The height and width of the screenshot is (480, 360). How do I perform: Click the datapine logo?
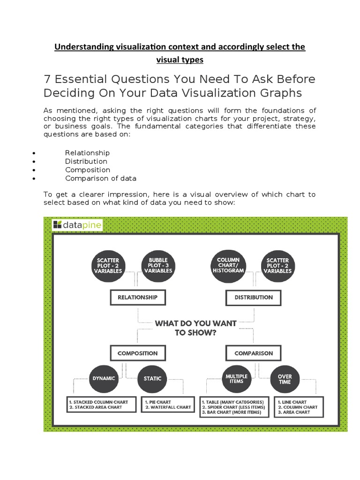77,225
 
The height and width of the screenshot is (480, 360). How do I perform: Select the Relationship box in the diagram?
137,297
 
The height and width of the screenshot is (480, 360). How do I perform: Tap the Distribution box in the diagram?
254,297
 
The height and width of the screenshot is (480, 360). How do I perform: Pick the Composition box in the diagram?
137,353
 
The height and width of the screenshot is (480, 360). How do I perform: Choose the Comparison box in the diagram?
254,353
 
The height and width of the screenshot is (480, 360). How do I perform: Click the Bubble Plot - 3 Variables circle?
158,266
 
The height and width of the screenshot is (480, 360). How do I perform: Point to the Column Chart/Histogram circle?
228,266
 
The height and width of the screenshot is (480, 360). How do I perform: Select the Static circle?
152,378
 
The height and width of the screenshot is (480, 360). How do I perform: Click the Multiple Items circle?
237,378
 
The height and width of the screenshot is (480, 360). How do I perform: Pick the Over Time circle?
285,378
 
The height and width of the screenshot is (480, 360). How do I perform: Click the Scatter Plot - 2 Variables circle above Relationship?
108,266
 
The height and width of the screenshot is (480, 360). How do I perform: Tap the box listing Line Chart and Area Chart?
297,407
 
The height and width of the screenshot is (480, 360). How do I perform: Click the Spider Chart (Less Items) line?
234,407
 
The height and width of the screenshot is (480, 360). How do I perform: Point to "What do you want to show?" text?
195,328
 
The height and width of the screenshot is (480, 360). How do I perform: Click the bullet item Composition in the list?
88,170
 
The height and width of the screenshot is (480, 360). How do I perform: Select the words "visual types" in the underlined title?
180,60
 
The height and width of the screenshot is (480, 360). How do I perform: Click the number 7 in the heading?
47,79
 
